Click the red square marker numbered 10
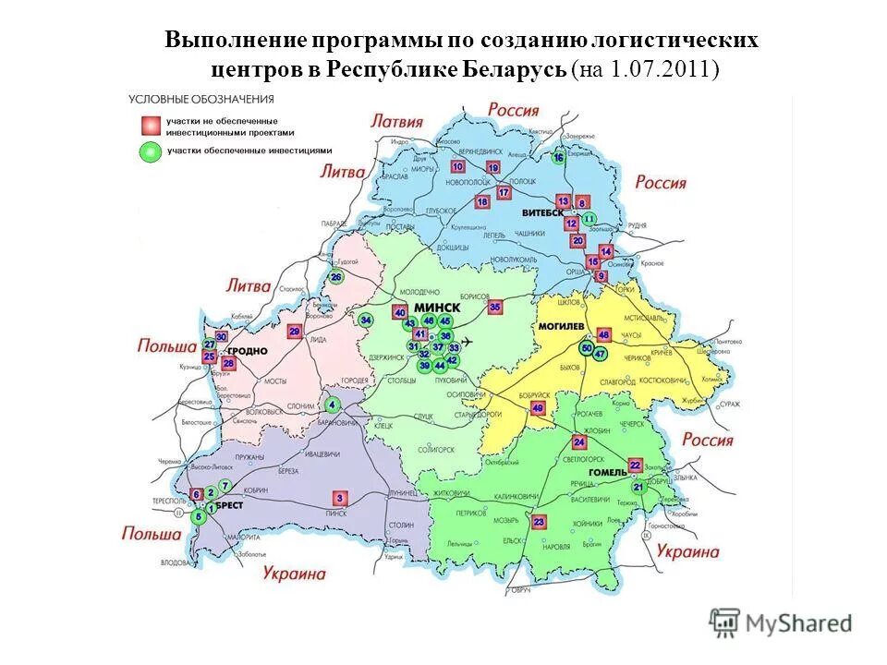(457, 166)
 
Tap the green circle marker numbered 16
(558, 157)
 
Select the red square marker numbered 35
(495, 307)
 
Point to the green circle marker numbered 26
(336, 277)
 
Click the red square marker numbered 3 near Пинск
(339, 498)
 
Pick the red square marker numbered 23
(540, 522)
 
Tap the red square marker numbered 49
(539, 408)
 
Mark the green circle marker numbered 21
(638, 487)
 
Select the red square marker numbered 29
(295, 332)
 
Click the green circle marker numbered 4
(332, 404)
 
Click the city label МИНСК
(438, 307)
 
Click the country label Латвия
(397, 121)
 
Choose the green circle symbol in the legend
(147, 151)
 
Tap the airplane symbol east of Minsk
(468, 342)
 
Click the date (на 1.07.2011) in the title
(646, 69)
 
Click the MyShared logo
(781, 623)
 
